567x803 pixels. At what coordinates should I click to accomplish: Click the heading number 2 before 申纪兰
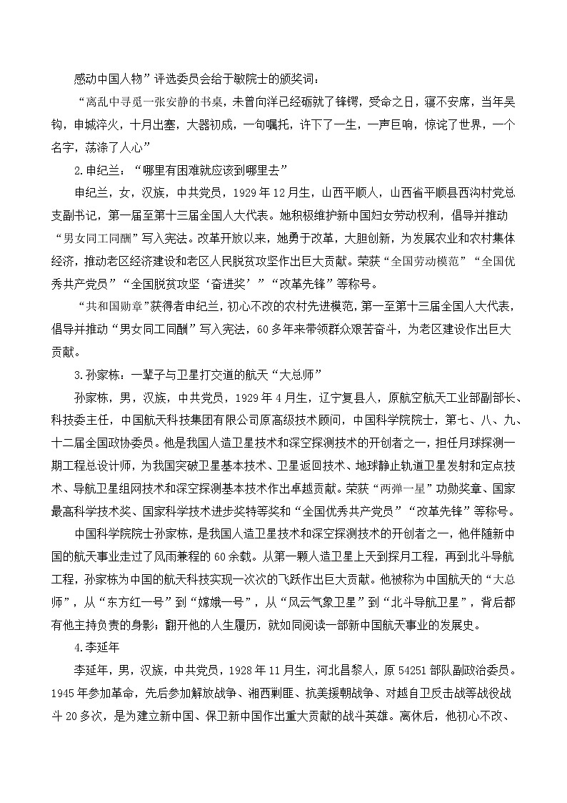[x=77, y=169]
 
